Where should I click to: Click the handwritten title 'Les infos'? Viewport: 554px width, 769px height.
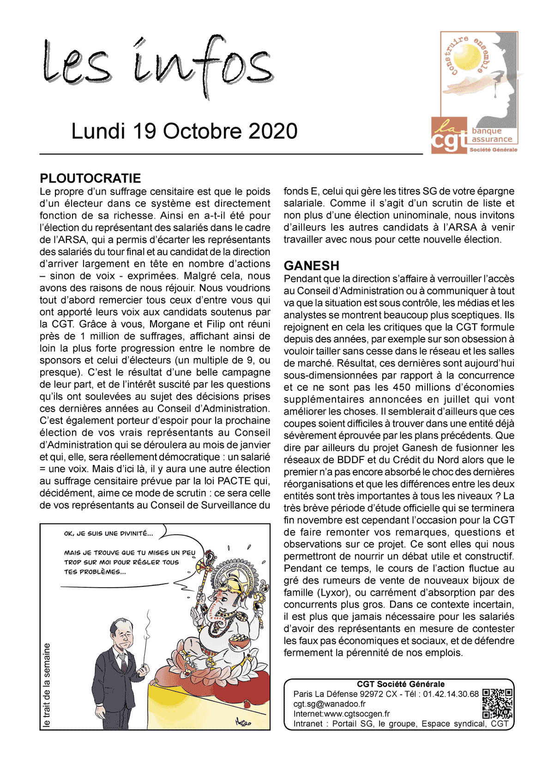pyautogui.click(x=157, y=67)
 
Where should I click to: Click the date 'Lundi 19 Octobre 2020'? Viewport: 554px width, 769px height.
pyautogui.click(x=184, y=131)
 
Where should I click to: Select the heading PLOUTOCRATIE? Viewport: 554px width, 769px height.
pyautogui.click(x=90, y=179)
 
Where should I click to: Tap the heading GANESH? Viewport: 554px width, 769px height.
pyautogui.click(x=312, y=266)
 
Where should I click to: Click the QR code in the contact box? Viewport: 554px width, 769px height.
pyautogui.click(x=497, y=703)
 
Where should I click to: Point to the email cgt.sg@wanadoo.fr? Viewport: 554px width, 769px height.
pyautogui.click(x=329, y=704)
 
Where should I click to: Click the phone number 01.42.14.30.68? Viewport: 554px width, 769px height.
pyautogui.click(x=451, y=694)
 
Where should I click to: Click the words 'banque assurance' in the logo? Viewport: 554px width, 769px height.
pyautogui.click(x=492, y=135)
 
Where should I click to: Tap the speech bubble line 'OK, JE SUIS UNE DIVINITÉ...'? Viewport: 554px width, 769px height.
pyautogui.click(x=108, y=534)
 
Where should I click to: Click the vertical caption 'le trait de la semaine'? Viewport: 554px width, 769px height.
pyautogui.click(x=47, y=685)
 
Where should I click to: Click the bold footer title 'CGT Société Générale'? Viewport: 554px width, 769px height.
pyautogui.click(x=401, y=684)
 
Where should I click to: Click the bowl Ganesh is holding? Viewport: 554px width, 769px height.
pyautogui.click(x=238, y=640)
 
